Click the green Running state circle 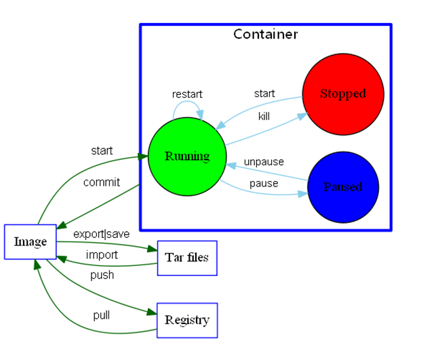(187, 157)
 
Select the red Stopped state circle (343, 94)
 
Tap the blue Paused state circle (343, 187)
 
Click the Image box (30, 242)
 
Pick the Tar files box (187, 258)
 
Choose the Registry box (187, 320)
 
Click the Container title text (265, 34)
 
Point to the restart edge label (187, 94)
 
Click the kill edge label (264, 117)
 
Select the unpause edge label (264, 162)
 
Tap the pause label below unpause (264, 184)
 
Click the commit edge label (102, 182)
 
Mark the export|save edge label (101, 234)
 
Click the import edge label (102, 255)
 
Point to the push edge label (102, 275)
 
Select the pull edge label (101, 315)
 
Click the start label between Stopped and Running (264, 93)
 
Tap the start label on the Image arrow (102, 151)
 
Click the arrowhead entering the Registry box (153, 313)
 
